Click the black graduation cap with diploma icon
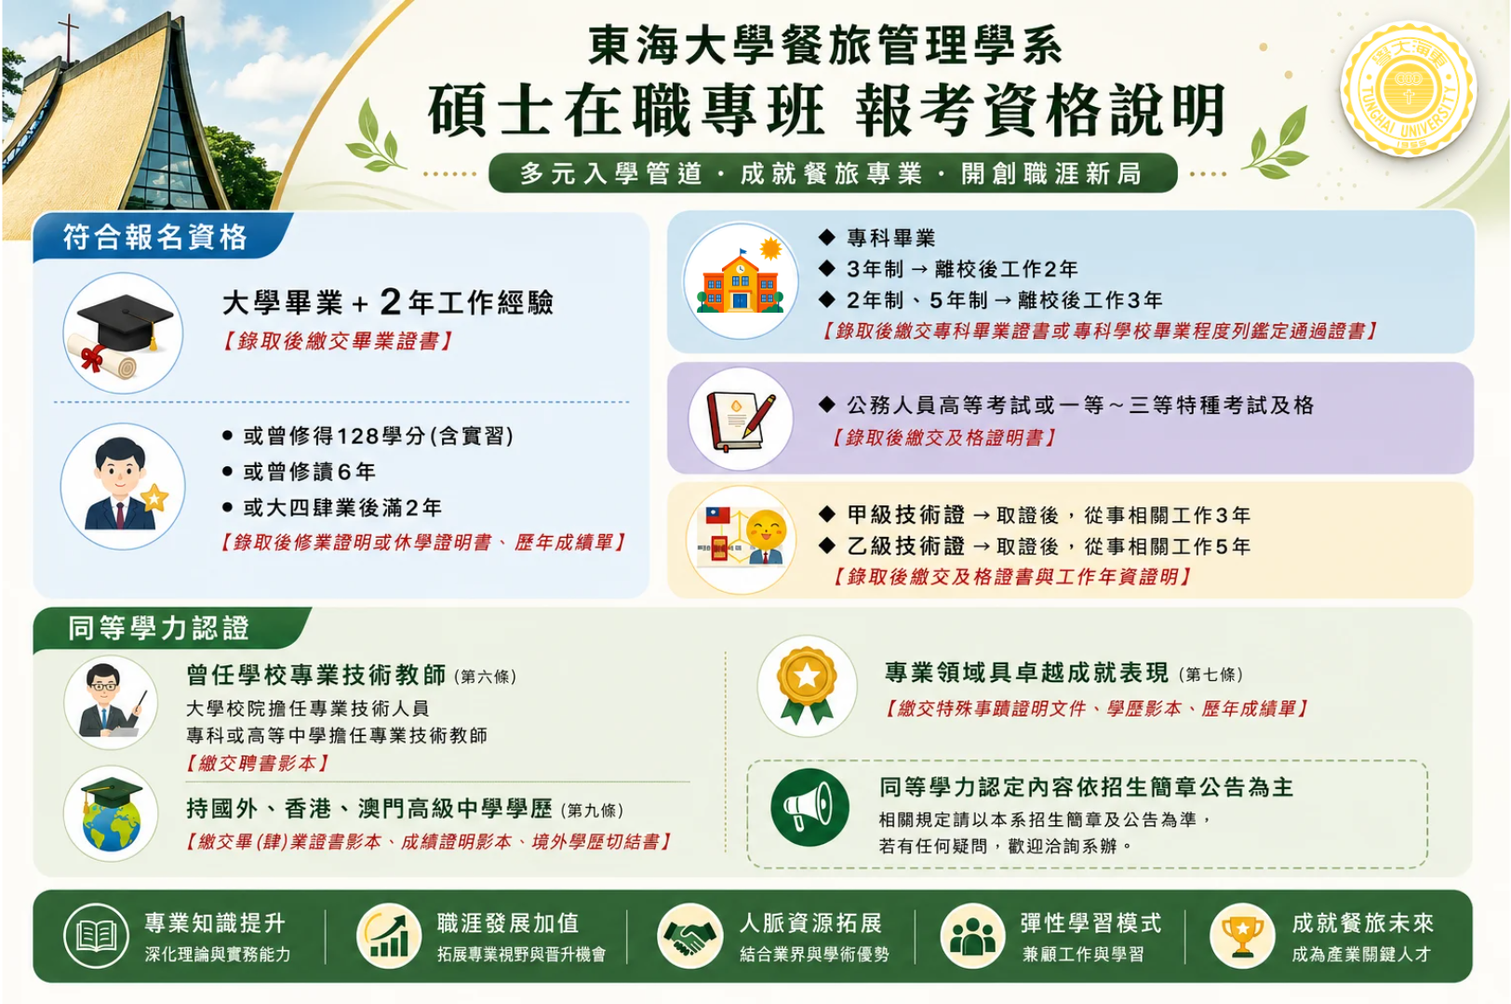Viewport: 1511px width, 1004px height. tap(123, 333)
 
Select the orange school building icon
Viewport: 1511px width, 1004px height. tap(740, 281)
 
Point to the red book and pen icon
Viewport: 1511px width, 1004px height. tap(740, 420)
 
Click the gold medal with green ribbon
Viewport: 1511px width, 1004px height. tap(807, 685)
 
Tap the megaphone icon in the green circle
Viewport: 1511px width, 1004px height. tap(809, 807)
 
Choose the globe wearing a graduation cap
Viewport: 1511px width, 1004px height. tap(112, 813)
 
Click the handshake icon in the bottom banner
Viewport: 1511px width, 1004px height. tap(689, 936)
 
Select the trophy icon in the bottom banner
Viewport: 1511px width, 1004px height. tap(1242, 936)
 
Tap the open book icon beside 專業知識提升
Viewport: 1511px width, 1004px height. tap(96, 936)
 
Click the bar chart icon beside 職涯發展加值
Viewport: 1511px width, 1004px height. tap(389, 936)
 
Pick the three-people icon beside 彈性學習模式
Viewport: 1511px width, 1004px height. tap(972, 936)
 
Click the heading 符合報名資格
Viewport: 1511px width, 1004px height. tap(155, 237)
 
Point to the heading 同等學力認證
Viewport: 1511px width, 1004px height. tap(158, 628)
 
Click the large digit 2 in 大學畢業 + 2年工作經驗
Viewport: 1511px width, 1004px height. tap(390, 301)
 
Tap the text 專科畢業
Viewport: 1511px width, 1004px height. tap(891, 237)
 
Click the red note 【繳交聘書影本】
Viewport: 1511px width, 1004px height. tap(257, 763)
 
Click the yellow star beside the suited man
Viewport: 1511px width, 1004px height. tap(154, 498)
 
